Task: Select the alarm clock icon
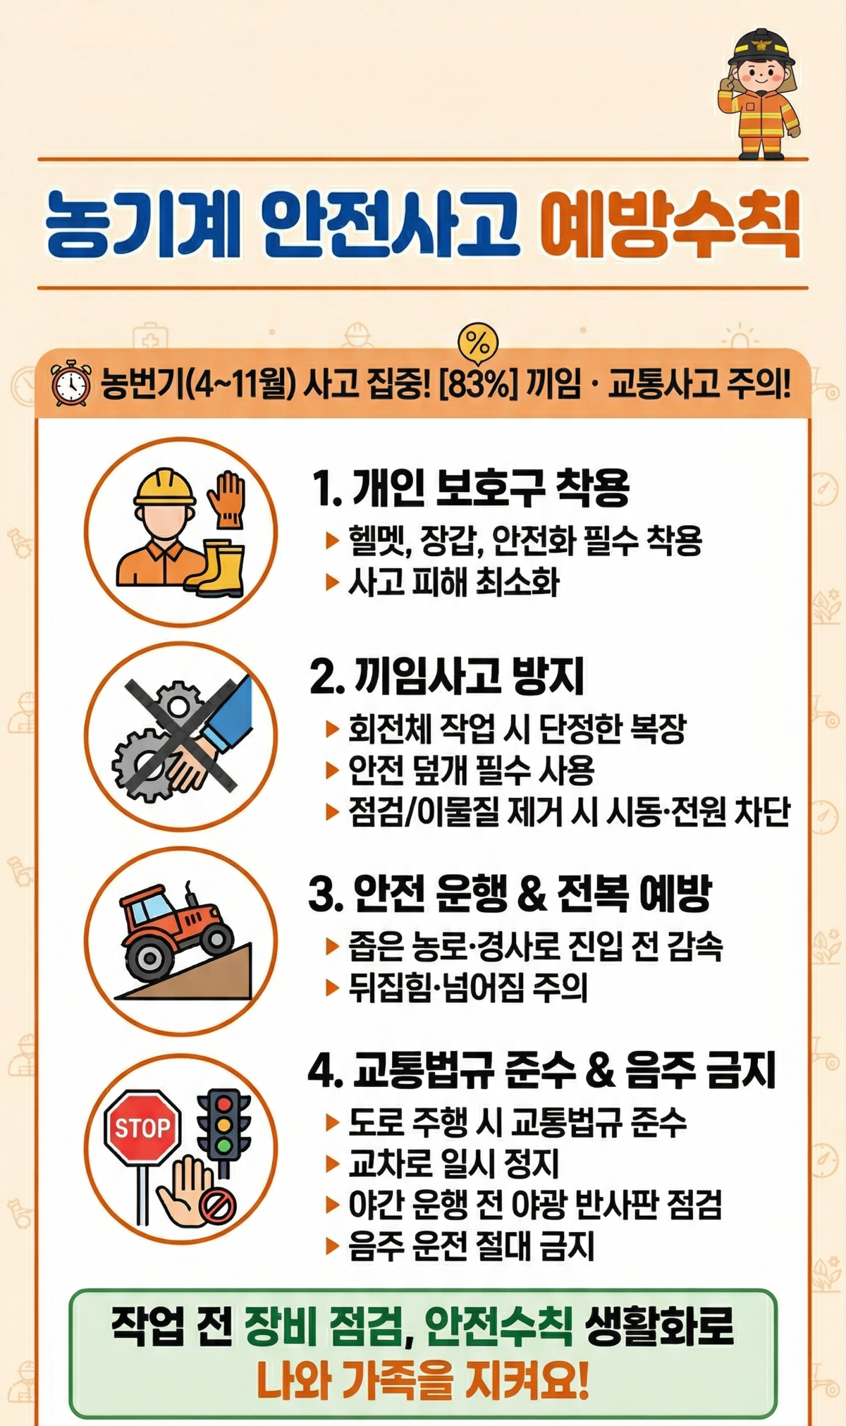point(71,383)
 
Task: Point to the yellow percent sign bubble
point(478,344)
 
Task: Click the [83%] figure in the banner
point(478,384)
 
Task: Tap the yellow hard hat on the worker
point(165,487)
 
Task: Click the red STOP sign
point(142,1128)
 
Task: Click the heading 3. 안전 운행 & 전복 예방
point(510,893)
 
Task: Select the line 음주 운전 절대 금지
point(472,1246)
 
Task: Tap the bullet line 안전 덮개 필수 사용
point(472,770)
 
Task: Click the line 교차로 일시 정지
point(454,1163)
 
